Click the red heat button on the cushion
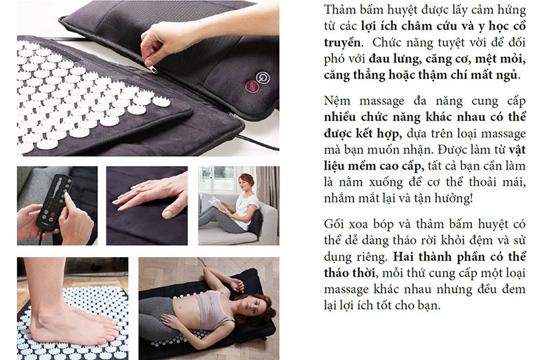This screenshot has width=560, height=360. pos(251,87)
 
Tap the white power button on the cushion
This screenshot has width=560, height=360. pos(263,78)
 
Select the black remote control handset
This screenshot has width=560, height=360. pos(53,201)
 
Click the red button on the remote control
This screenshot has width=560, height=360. pos(53,215)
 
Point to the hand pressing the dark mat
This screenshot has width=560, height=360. pos(150,195)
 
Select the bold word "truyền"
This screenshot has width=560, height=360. pos(342,43)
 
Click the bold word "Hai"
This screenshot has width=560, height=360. pos(404,257)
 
